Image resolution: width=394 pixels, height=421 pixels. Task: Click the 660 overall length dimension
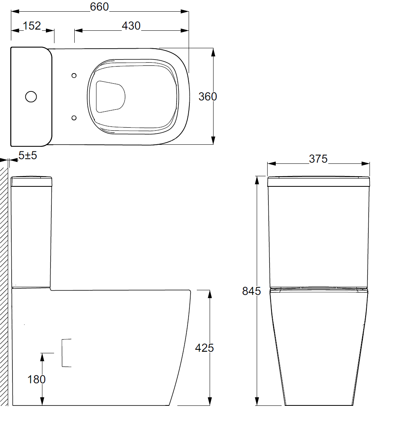(100, 7)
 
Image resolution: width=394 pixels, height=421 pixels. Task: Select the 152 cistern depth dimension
(32, 26)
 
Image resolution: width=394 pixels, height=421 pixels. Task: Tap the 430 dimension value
(131, 26)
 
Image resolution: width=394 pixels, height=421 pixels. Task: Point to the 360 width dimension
(208, 96)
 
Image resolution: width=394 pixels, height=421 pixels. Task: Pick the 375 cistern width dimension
(318, 159)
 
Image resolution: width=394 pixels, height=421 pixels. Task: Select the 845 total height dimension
(251, 291)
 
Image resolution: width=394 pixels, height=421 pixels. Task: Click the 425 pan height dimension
(205, 347)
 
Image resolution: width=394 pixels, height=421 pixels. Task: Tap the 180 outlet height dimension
(37, 379)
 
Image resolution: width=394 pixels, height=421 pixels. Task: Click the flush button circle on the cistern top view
(31, 96)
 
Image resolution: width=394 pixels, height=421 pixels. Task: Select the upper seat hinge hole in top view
(74, 75)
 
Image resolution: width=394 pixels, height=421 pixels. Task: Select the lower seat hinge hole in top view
(74, 117)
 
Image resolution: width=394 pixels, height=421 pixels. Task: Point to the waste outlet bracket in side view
(66, 353)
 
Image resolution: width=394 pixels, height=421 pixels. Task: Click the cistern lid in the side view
(32, 182)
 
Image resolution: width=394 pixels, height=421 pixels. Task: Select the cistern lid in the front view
(318, 181)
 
